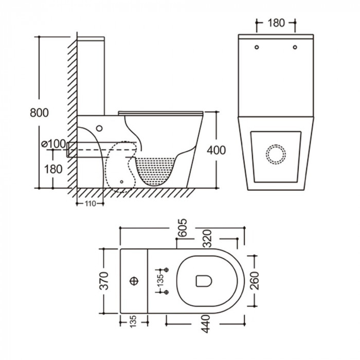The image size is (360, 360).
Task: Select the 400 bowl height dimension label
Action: (x=216, y=150)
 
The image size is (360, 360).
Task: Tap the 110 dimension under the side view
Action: (x=91, y=204)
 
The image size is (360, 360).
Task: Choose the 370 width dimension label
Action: (x=105, y=281)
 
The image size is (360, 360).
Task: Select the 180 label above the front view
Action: (x=277, y=23)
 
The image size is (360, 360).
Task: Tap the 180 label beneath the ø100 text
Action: (x=53, y=168)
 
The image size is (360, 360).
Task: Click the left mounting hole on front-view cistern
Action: (x=257, y=48)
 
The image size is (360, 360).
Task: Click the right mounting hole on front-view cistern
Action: (x=295, y=48)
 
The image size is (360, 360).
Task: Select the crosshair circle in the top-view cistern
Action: (x=135, y=281)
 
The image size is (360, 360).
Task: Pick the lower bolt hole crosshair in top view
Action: (x=166, y=292)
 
